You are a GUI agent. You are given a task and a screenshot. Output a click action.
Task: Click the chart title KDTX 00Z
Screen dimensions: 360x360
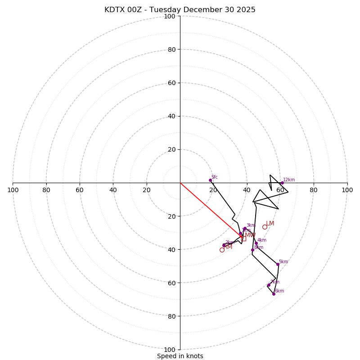pos(180,10)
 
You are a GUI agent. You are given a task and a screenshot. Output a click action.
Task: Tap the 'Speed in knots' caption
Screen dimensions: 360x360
pos(180,356)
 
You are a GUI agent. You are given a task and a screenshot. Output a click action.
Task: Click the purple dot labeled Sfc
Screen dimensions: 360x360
pos(210,180)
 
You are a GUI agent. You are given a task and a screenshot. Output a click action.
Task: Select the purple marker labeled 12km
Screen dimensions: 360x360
pos(282,183)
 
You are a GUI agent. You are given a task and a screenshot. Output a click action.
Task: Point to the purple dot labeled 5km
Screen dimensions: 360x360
pos(278,264)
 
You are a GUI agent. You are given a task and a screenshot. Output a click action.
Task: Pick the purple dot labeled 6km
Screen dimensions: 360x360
pos(274,294)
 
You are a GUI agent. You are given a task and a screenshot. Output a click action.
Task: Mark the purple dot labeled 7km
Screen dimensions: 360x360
pos(269,285)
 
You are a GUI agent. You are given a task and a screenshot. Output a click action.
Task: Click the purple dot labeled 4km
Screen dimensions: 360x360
pos(256,243)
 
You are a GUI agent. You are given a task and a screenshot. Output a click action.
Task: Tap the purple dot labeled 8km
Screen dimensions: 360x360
pos(252,250)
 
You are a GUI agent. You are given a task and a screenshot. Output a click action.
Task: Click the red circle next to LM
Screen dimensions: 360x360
pos(265,227)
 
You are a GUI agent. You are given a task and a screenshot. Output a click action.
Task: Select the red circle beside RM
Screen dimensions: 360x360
pos(222,250)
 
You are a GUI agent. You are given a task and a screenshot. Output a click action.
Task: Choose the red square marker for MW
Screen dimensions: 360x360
pos(244,238)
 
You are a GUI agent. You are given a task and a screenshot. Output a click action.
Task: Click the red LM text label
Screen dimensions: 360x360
pos(270,224)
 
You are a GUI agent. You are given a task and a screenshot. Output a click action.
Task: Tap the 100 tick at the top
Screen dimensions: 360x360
pos(170,16)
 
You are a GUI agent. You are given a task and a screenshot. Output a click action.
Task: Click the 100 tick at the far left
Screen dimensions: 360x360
pos(13,190)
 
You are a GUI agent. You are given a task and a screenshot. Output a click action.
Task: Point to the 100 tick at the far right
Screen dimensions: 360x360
pos(347,190)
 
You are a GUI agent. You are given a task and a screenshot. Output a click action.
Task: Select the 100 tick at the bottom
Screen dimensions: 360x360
pos(170,349)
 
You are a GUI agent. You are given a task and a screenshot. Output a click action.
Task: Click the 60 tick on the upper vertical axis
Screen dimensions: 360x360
pos(171,83)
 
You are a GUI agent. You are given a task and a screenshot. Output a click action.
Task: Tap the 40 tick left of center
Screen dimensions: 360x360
pos(113,190)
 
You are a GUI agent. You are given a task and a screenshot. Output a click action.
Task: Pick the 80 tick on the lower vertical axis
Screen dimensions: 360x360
pos(171,316)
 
